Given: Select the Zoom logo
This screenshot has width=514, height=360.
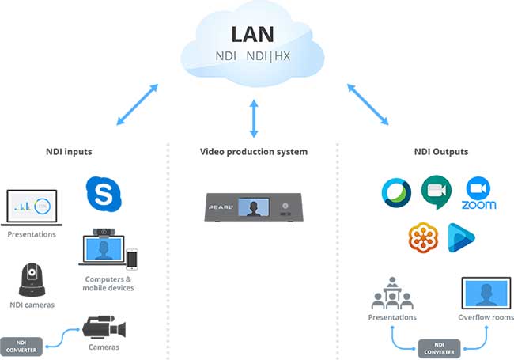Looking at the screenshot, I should tap(478, 195).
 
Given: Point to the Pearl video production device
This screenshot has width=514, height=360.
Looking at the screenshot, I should tap(254, 208).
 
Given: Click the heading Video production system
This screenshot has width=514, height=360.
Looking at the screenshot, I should tap(254, 152).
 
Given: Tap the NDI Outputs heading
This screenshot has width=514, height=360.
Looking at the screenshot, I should tap(441, 152).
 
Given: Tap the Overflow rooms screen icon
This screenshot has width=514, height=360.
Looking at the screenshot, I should tap(486, 292).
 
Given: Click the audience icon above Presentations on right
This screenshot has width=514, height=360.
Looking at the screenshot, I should tap(392, 294).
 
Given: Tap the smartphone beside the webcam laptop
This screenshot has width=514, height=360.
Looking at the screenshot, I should tap(131, 260).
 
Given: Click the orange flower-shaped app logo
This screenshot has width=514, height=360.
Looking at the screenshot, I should tap(423, 237).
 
